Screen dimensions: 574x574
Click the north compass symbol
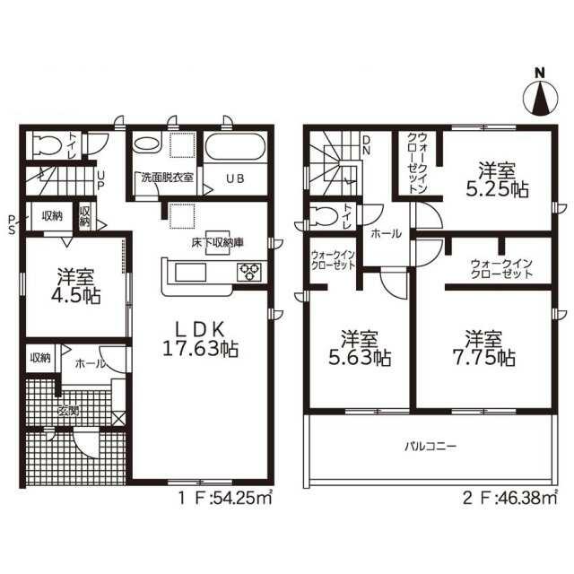pyautogui.click(x=541, y=96)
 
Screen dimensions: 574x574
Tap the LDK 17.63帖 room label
pyautogui.click(x=200, y=340)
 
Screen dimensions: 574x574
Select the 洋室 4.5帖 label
pyautogui.click(x=75, y=286)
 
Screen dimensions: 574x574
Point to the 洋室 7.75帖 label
pyautogui.click(x=484, y=349)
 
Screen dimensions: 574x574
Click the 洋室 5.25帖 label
pyautogui.click(x=497, y=179)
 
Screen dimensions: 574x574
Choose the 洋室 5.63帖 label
pyautogui.click(x=360, y=349)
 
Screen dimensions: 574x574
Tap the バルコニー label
pyautogui.click(x=430, y=447)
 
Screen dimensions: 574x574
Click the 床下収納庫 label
pyautogui.click(x=218, y=242)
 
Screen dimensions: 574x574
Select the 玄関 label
pyautogui.click(x=68, y=411)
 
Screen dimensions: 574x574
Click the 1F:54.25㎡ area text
pyautogui.click(x=225, y=499)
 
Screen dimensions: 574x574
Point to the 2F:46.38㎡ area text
pyautogui.click(x=510, y=499)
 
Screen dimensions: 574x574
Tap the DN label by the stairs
pyautogui.click(x=366, y=144)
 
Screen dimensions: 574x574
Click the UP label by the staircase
pyautogui.click(x=100, y=179)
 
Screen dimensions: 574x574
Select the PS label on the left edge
pyautogui.click(x=12, y=224)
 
